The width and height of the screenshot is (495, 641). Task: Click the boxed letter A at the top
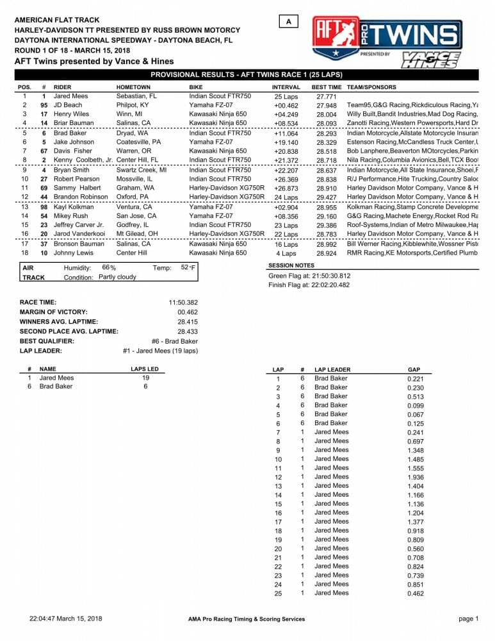(289, 22)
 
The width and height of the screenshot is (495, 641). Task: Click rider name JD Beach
(68, 105)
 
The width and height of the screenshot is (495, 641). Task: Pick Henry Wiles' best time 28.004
(327, 114)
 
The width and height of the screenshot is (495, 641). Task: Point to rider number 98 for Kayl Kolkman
(44, 208)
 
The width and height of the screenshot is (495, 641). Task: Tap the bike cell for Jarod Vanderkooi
(227, 235)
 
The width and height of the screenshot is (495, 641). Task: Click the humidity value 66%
(109, 267)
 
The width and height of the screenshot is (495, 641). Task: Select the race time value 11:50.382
(183, 302)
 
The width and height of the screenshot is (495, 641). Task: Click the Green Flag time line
(309, 276)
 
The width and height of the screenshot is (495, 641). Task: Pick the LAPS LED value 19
(145, 378)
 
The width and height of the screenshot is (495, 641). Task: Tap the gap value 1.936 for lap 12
(416, 477)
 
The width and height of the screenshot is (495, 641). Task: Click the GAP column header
(414, 370)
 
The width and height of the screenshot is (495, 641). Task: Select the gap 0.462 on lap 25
(416, 594)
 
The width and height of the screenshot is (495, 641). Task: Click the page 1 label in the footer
(468, 619)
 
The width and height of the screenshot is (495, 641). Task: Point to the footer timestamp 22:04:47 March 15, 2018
(66, 619)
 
